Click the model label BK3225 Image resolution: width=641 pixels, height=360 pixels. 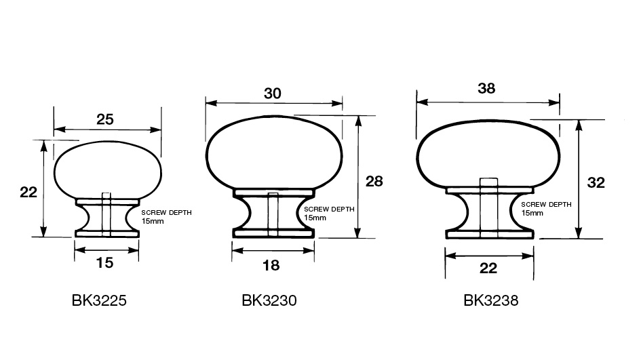99,300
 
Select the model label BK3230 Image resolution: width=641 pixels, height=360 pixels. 269,300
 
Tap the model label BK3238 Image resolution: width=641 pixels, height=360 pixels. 490,300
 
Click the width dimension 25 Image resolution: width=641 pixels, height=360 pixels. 105,119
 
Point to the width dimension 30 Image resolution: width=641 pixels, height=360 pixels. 273,94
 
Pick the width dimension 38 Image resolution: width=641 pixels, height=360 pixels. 486,88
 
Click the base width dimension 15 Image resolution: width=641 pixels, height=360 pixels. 104,263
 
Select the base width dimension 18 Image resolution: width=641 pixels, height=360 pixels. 271,266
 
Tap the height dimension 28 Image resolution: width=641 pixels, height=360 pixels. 374,181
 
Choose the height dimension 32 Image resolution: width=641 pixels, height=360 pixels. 596,182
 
